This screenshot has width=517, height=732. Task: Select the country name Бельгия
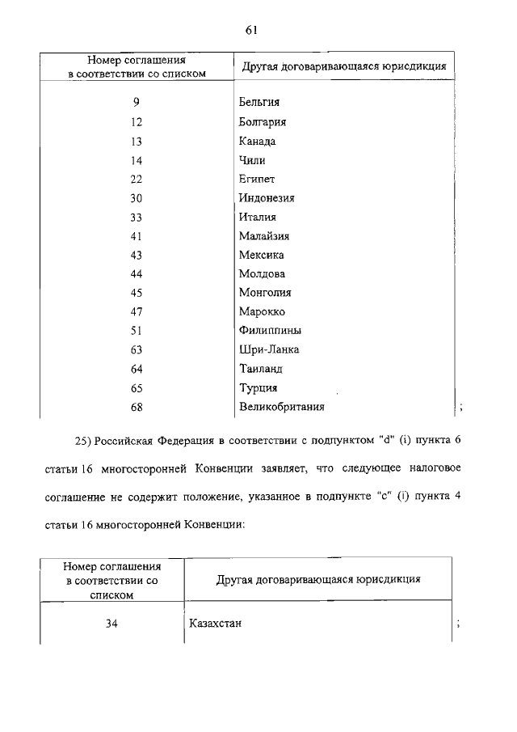point(259,104)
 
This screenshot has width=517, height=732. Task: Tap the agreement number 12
point(136,122)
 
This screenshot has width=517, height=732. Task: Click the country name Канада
point(258,141)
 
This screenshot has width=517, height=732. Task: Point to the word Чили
point(251,160)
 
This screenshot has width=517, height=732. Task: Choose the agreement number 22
point(136,179)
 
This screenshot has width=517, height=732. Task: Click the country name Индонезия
point(267,197)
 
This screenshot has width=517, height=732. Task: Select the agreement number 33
point(136,217)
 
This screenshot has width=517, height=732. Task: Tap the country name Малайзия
point(264,236)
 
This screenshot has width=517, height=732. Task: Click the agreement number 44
point(136,274)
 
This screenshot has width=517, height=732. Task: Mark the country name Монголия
point(265,293)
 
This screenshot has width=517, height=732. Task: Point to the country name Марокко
point(262,312)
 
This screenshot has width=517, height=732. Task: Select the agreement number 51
point(136,331)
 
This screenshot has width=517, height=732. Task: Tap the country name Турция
point(258,387)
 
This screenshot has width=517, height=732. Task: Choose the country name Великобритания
point(282,406)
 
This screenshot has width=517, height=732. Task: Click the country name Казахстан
point(216,624)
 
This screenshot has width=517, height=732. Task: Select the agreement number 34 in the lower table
point(112,624)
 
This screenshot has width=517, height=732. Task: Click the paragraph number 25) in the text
point(82,441)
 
